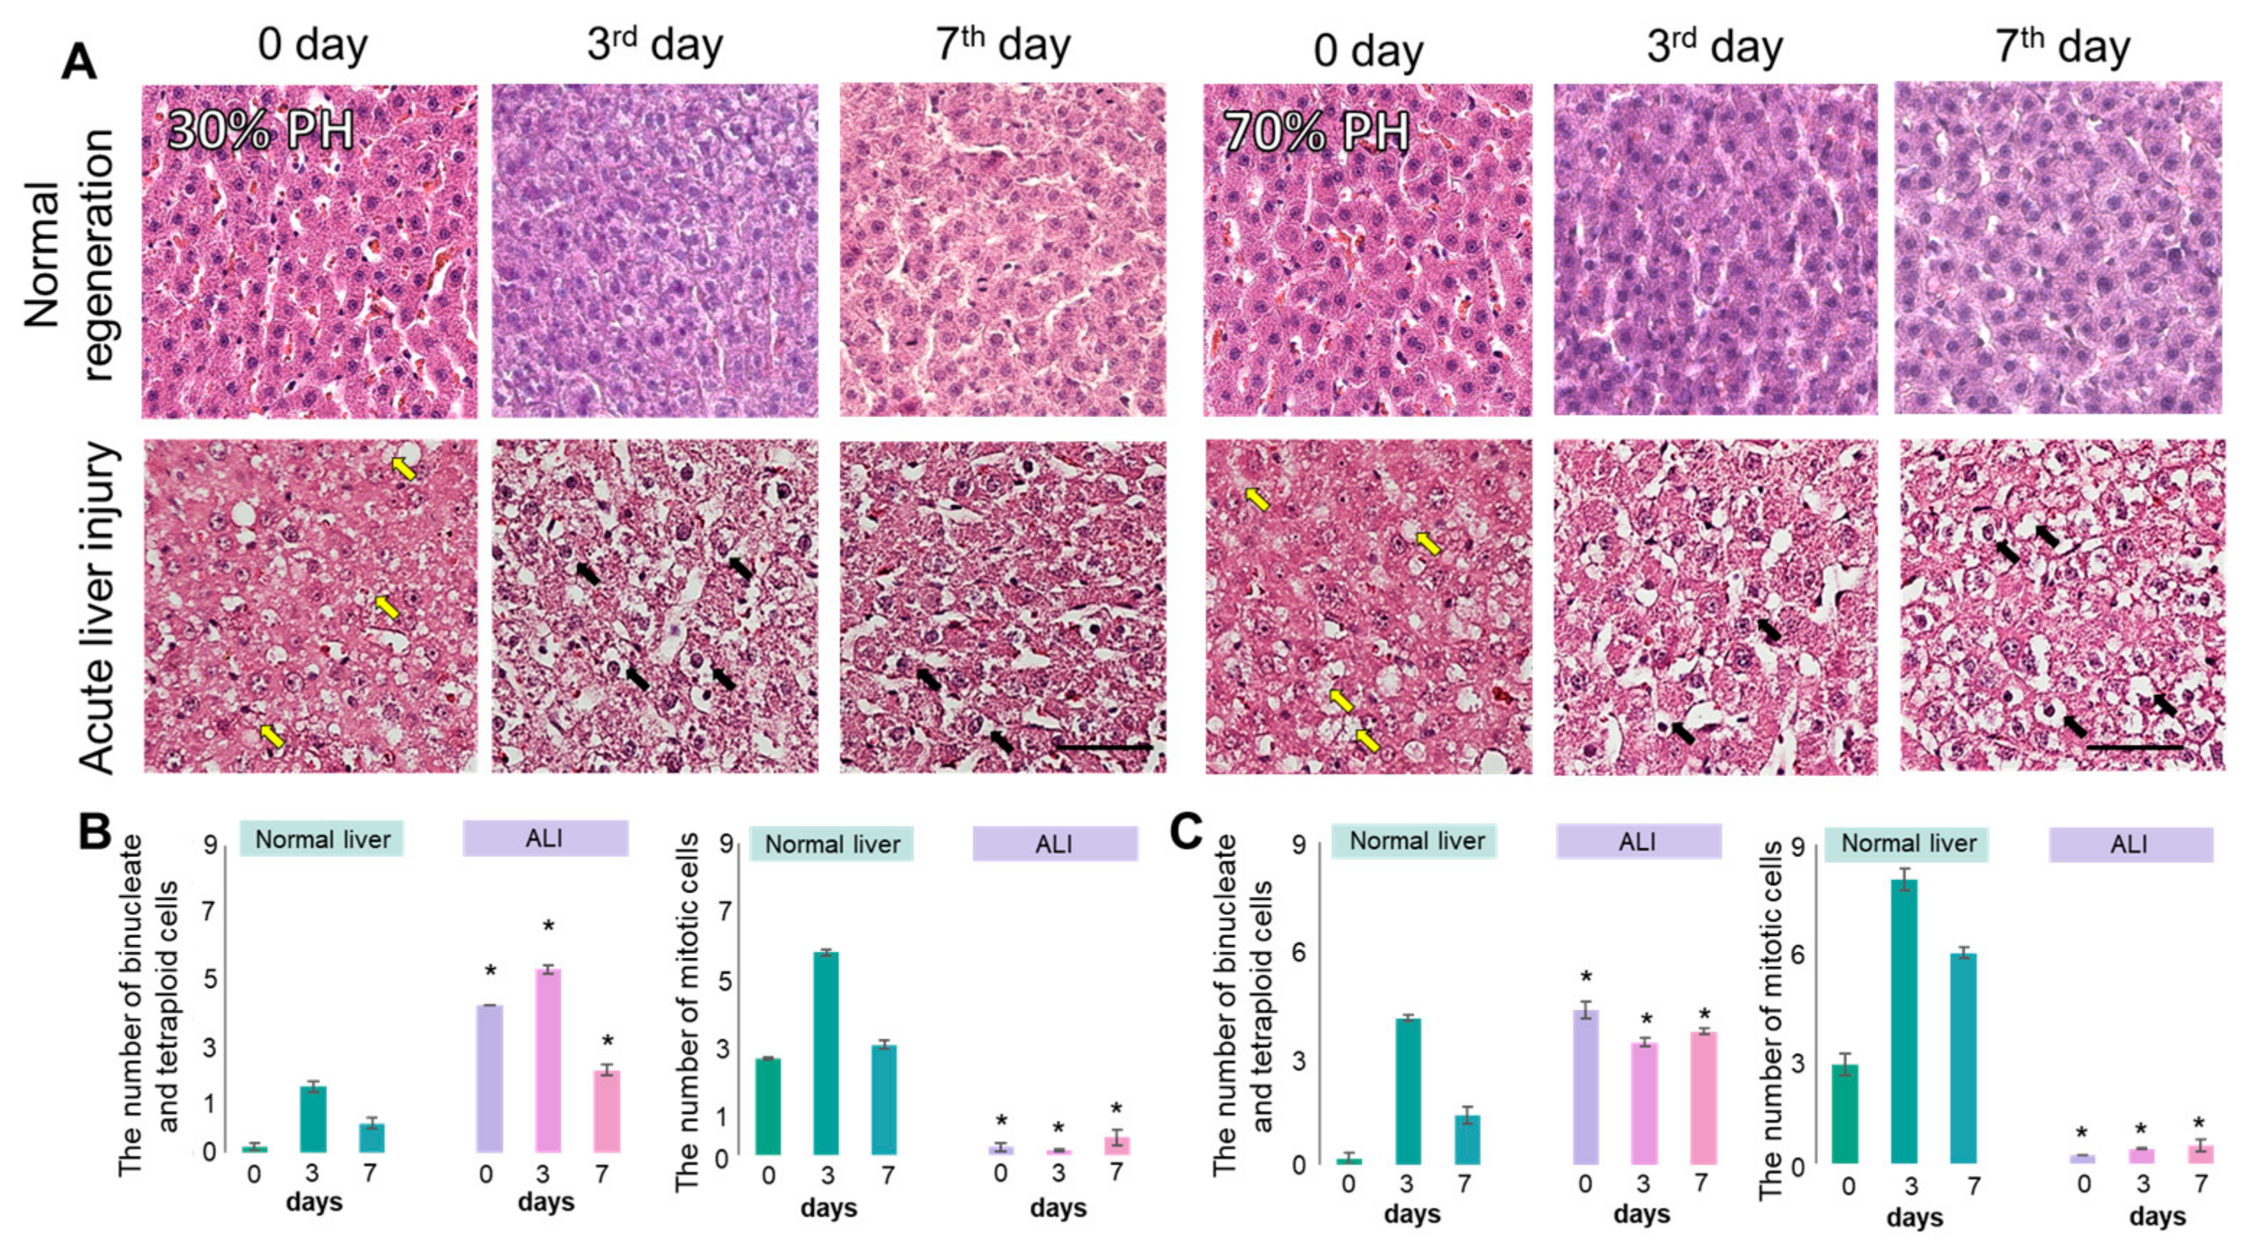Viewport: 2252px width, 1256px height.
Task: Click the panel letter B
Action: coord(95,831)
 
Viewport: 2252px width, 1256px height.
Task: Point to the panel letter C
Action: coord(1186,831)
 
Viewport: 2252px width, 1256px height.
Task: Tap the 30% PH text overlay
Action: coord(260,131)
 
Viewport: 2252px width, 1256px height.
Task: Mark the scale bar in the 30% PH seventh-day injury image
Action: coord(1103,747)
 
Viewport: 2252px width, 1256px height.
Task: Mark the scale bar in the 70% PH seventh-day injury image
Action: coord(2134,747)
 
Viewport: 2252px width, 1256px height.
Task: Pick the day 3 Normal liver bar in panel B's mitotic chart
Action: coord(826,1052)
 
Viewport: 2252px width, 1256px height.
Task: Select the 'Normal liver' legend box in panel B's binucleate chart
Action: coord(322,839)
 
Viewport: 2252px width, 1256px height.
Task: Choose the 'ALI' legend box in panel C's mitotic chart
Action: coord(2131,844)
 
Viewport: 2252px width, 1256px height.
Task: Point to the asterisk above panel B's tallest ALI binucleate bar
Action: coord(548,926)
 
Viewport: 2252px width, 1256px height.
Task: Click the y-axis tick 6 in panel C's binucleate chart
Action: coord(1299,952)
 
